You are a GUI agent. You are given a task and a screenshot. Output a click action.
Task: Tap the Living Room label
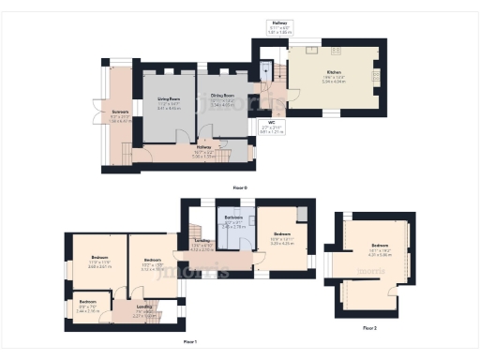pyautogui.click(x=170, y=104)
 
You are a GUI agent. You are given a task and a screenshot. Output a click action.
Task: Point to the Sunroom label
pyautogui.click(x=121, y=117)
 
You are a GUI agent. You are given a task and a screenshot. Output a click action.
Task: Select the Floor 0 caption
pyautogui.click(x=240, y=187)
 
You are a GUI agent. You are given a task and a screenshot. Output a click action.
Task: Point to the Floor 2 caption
pyautogui.click(x=369, y=327)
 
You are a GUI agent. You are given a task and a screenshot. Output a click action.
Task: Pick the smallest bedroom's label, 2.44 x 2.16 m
pyautogui.click(x=87, y=306)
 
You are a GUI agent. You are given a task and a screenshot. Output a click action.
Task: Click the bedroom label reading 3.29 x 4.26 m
pyautogui.click(x=282, y=239)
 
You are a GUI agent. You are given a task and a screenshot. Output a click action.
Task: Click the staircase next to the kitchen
pyautogui.click(x=266, y=74)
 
